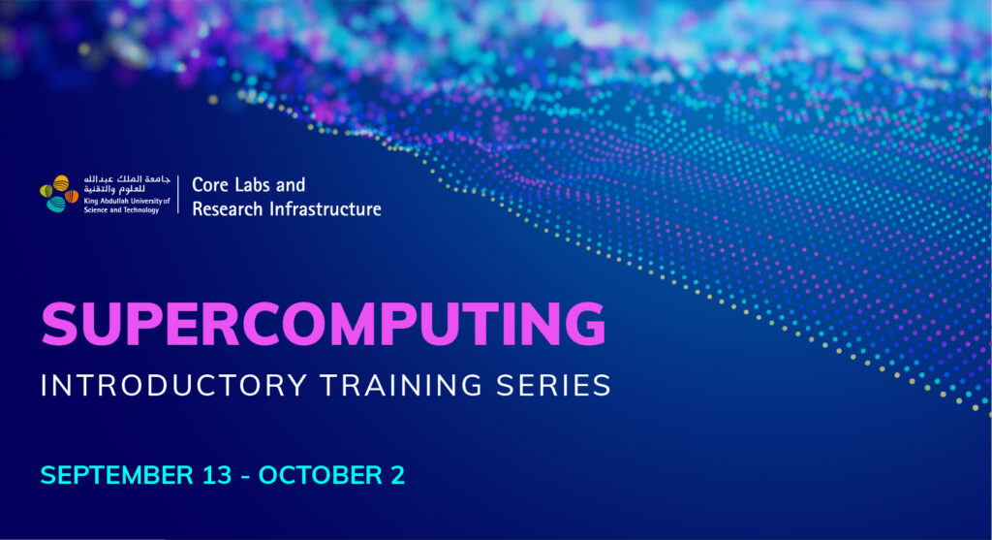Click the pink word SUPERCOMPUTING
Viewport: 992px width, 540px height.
coord(324,324)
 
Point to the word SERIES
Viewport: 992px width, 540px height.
coord(553,386)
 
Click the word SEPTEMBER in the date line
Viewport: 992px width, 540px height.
coord(117,475)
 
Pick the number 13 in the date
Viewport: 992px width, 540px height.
coord(217,475)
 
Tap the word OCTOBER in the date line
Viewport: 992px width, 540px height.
coord(320,475)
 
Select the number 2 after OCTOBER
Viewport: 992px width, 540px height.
coord(398,475)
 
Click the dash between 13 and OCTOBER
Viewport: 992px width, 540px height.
coord(245,477)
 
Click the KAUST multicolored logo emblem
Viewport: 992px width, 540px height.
coord(59,194)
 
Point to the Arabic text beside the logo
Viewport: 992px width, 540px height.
coord(127,184)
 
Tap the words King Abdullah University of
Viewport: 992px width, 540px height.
coord(127,201)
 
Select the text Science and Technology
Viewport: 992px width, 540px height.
coord(121,209)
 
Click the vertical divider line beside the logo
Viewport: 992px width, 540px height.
coord(178,194)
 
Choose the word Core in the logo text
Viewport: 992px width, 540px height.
coord(210,185)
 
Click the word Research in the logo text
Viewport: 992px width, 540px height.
coord(227,208)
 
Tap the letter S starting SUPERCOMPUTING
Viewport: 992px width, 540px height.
coord(59,324)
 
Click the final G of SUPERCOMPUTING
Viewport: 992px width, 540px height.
coord(585,324)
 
